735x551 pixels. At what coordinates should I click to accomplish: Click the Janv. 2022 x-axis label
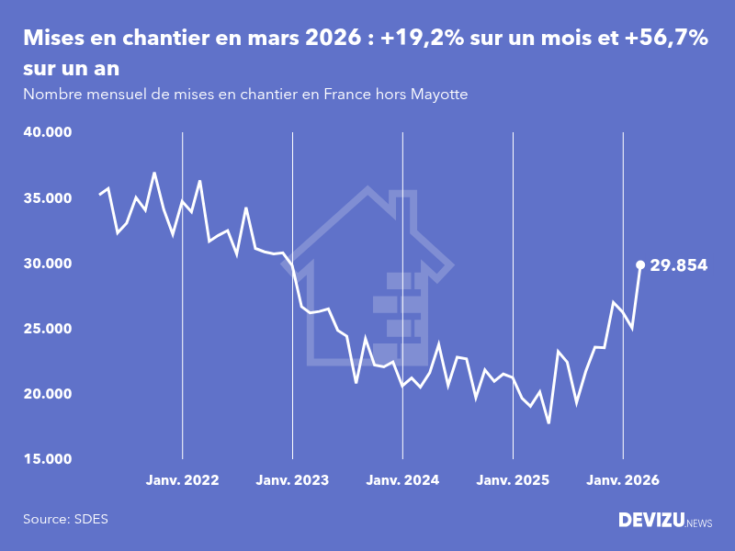[182, 480]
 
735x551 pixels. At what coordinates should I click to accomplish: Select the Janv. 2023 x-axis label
[292, 480]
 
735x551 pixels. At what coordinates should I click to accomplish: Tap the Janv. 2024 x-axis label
[402, 480]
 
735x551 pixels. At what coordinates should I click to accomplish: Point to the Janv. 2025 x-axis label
[513, 480]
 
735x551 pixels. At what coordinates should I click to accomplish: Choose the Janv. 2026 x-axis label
[623, 480]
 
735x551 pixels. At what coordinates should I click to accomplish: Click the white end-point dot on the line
[640, 264]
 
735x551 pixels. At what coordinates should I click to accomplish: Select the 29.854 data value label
[678, 265]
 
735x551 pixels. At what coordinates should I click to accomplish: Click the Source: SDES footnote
[65, 519]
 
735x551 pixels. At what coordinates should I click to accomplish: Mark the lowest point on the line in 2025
[548, 422]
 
